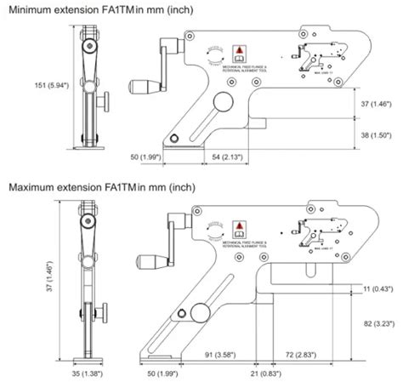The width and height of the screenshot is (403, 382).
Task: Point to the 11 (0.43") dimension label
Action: [x=380, y=291]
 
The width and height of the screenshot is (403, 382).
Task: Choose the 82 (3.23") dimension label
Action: [x=380, y=324]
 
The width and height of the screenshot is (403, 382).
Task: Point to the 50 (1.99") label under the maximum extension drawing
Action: [x=145, y=372]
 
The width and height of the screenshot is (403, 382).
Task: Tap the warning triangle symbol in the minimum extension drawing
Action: [x=241, y=49]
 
